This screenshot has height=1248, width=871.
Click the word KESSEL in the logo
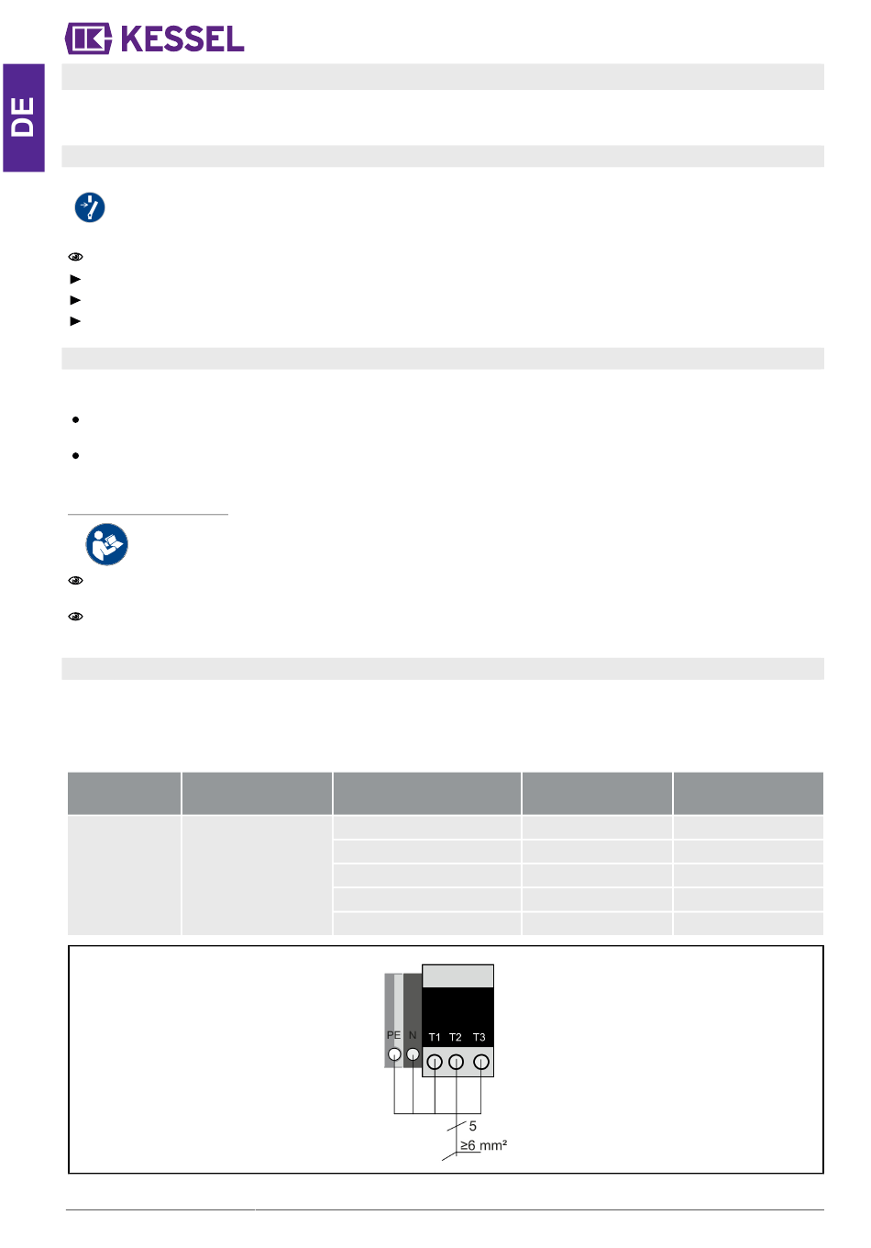tap(182, 39)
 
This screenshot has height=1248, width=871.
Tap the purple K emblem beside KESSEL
tap(89, 39)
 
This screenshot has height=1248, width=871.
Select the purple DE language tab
tap(23, 117)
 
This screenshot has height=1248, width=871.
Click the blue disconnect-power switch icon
tap(90, 207)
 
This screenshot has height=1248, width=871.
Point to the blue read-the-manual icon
tap(107, 544)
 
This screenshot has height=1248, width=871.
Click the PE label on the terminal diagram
tap(393, 1034)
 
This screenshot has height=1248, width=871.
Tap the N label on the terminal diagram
tap(413, 1034)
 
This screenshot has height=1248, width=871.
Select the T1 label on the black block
tap(434, 1037)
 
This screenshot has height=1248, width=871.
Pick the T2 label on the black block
tap(456, 1037)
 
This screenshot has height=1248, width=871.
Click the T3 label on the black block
tap(479, 1037)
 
